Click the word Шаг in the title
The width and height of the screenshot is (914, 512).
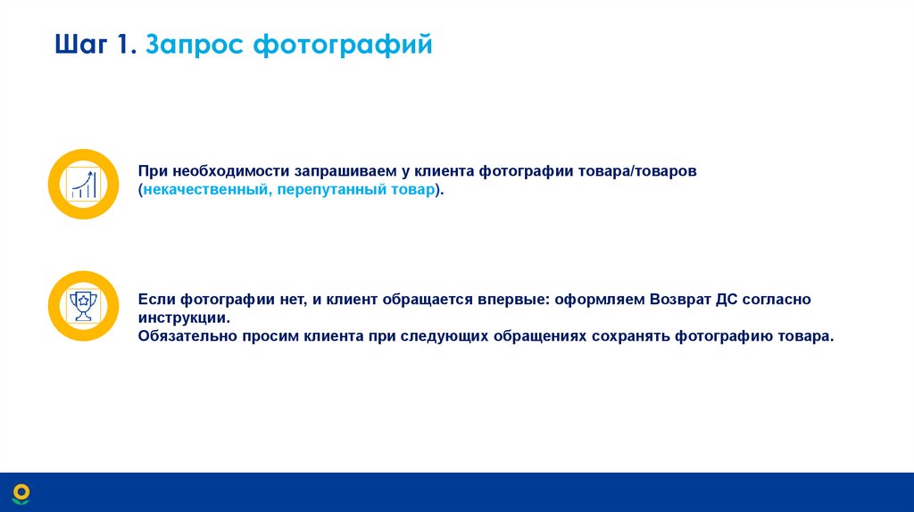point(79,45)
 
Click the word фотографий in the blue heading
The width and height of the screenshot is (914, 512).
point(344,45)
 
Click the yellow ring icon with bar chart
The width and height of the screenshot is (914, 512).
point(83,185)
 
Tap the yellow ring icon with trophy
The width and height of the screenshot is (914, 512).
point(83,306)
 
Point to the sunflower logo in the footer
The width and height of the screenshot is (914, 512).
point(21,492)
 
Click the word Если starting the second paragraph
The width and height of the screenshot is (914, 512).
point(157,300)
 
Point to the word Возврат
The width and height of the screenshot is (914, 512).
point(680,300)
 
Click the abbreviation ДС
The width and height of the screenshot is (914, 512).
point(726,300)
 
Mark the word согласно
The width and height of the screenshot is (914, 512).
point(777,300)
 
